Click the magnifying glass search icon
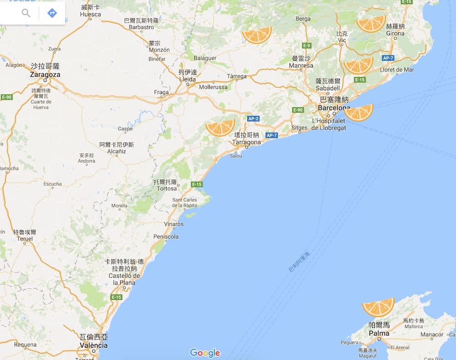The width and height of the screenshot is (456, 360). click(x=26, y=13)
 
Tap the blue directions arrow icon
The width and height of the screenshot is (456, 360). click(x=52, y=13)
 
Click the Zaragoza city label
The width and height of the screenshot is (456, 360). click(x=45, y=74)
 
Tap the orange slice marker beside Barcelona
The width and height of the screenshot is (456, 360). click(x=359, y=112)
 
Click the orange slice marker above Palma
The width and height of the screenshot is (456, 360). click(x=378, y=307)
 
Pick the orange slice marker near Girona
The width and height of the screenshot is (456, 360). click(x=371, y=23)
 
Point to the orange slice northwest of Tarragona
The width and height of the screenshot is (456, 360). click(x=220, y=127)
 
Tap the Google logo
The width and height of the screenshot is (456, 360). click(x=205, y=353)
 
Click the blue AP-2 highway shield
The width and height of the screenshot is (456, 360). click(x=253, y=119)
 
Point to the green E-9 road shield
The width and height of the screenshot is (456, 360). click(x=306, y=46)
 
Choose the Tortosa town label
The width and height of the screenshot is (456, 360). click(x=166, y=188)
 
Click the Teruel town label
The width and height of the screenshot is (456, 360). click(x=25, y=238)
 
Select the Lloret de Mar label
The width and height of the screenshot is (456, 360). click(x=397, y=70)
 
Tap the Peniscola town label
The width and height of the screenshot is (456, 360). click(x=166, y=237)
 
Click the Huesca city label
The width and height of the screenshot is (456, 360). click(x=90, y=14)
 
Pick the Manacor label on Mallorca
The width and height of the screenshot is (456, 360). click(x=432, y=334)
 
